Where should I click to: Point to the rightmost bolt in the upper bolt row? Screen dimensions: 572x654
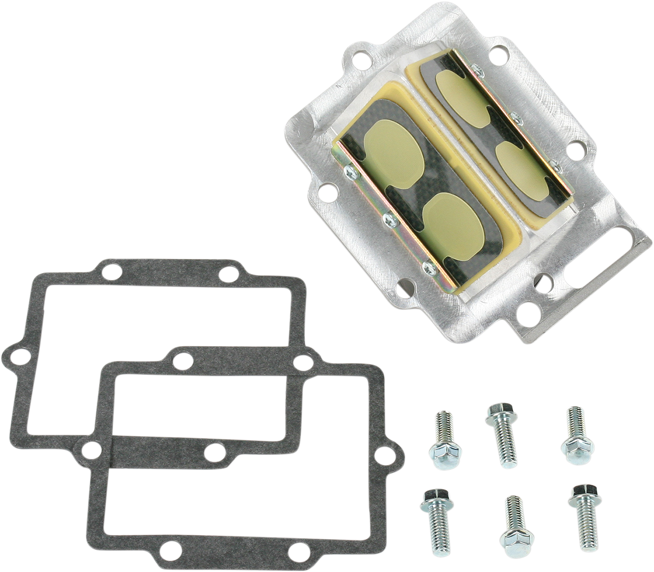[574, 433]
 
